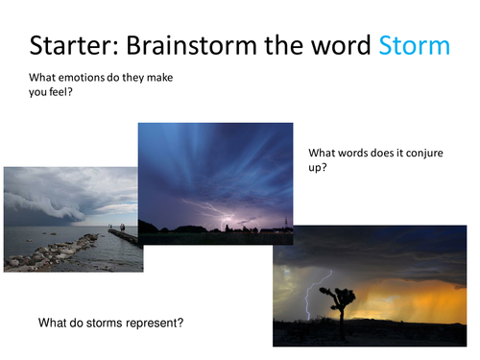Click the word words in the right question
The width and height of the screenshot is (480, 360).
click(349, 153)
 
